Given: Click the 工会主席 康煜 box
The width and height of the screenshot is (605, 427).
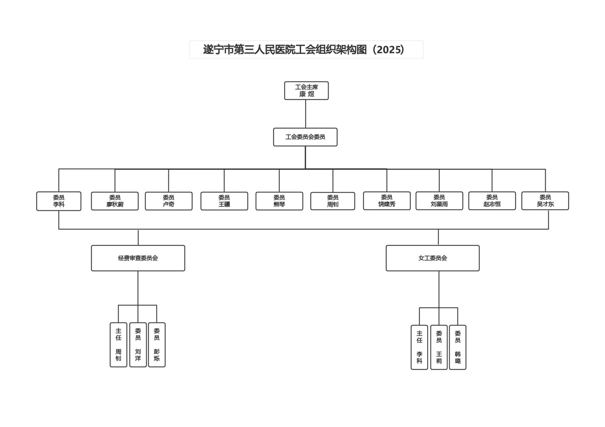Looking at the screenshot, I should tap(306, 91).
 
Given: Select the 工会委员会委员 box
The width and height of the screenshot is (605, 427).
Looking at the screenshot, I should tap(305, 137).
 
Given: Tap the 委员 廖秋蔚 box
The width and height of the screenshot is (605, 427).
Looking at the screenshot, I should tap(115, 201).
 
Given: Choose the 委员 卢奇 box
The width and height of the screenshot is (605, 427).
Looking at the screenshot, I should tap(169, 201).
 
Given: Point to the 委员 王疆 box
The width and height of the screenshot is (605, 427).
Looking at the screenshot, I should tap(224, 201).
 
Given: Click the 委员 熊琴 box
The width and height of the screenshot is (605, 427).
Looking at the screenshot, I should tap(279, 201).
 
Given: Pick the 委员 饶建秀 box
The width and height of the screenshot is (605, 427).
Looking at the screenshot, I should tap(387, 201).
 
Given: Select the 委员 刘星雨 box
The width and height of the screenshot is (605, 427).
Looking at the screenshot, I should tap(439, 201).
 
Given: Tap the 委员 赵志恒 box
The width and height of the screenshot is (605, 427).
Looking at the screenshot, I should tap(492, 201).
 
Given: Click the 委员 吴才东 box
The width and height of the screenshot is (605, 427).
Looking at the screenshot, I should tap(545, 201).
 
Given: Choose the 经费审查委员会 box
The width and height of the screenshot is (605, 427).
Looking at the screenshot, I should tap(138, 258).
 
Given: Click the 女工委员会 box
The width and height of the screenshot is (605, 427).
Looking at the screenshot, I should tap(433, 258).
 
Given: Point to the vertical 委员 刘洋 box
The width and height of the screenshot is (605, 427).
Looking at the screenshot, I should tap(138, 345).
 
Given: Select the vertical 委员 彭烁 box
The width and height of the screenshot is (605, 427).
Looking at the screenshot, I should tap(157, 345).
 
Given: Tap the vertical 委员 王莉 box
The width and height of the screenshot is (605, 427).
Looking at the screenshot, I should tap(439, 347).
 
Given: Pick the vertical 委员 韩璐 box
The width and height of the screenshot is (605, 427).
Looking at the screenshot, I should tap(458, 347).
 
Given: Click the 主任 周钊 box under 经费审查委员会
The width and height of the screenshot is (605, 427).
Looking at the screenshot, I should tap(118, 345).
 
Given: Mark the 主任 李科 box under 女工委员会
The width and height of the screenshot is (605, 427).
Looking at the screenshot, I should tap(419, 347).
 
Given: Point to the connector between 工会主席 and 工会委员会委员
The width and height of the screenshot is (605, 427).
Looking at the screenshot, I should tap(306, 114).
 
